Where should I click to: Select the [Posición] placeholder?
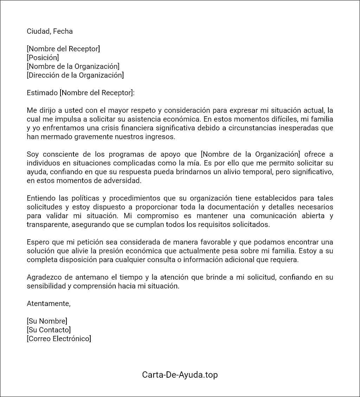click(43, 58)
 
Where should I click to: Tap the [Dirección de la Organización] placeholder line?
click(75, 75)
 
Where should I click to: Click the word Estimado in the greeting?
click(42, 93)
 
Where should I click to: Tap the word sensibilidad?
click(46, 286)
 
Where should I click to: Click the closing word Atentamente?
click(49, 304)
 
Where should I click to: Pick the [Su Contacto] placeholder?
click(49, 330)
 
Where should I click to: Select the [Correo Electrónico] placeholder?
click(59, 339)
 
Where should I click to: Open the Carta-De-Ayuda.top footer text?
click(180, 375)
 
